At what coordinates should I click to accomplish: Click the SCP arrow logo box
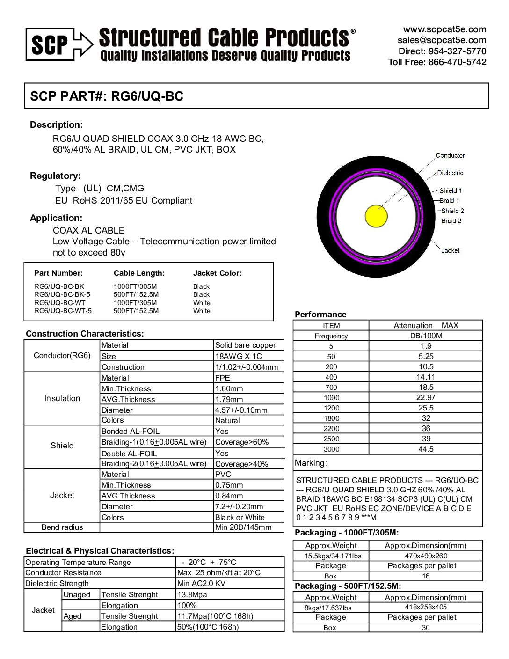coord(59,44)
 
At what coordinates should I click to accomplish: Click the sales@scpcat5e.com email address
coord(442,40)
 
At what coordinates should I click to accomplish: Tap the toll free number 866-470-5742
coord(457,62)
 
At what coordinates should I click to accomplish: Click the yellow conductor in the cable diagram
coord(376,216)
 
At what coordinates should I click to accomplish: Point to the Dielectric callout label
coord(450,173)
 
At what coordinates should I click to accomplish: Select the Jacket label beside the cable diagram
coord(450,250)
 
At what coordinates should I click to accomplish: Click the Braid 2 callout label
coord(451,221)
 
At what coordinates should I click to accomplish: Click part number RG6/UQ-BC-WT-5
coord(63,311)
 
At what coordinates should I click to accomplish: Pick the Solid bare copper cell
coord(245,345)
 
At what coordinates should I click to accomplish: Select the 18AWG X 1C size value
coord(238,356)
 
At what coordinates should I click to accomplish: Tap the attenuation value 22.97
coord(426,397)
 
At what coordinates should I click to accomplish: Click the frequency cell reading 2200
coord(331,429)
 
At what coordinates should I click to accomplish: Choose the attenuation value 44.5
coord(426,449)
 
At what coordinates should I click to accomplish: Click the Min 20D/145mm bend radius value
coord(243,527)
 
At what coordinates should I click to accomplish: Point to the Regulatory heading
coord(55,176)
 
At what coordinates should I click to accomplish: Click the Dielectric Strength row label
coord(57,584)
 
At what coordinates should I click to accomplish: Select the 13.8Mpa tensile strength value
coord(192,595)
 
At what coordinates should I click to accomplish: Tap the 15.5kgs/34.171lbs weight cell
coord(333,556)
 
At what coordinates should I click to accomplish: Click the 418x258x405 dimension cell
coord(426,607)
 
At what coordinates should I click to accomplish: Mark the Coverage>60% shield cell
coord(242,442)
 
